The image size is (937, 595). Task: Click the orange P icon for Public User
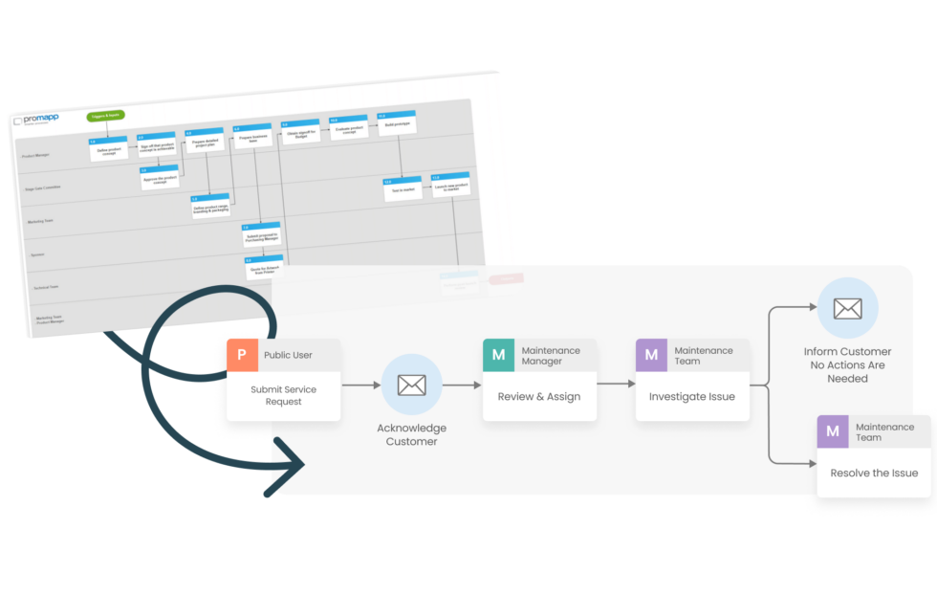point(242,355)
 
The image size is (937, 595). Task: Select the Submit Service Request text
point(283,395)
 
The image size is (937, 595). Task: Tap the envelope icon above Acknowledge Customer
point(411,385)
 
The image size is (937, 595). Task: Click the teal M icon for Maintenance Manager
point(498,355)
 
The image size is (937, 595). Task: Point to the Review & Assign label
point(538,396)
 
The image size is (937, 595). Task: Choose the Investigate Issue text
point(691,396)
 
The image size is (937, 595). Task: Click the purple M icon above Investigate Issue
point(651,355)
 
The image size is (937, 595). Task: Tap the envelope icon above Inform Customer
point(847,308)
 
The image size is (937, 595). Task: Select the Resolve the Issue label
point(874,473)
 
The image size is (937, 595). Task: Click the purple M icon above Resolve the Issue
point(832,431)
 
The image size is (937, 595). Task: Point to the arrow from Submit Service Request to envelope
point(360,386)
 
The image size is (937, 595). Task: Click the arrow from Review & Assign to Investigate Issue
point(616,386)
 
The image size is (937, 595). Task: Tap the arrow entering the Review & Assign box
point(463,386)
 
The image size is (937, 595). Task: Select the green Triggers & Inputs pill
point(105,116)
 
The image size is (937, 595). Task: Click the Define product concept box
point(108,150)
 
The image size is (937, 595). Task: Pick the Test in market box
point(401,188)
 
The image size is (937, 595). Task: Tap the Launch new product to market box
point(450,187)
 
